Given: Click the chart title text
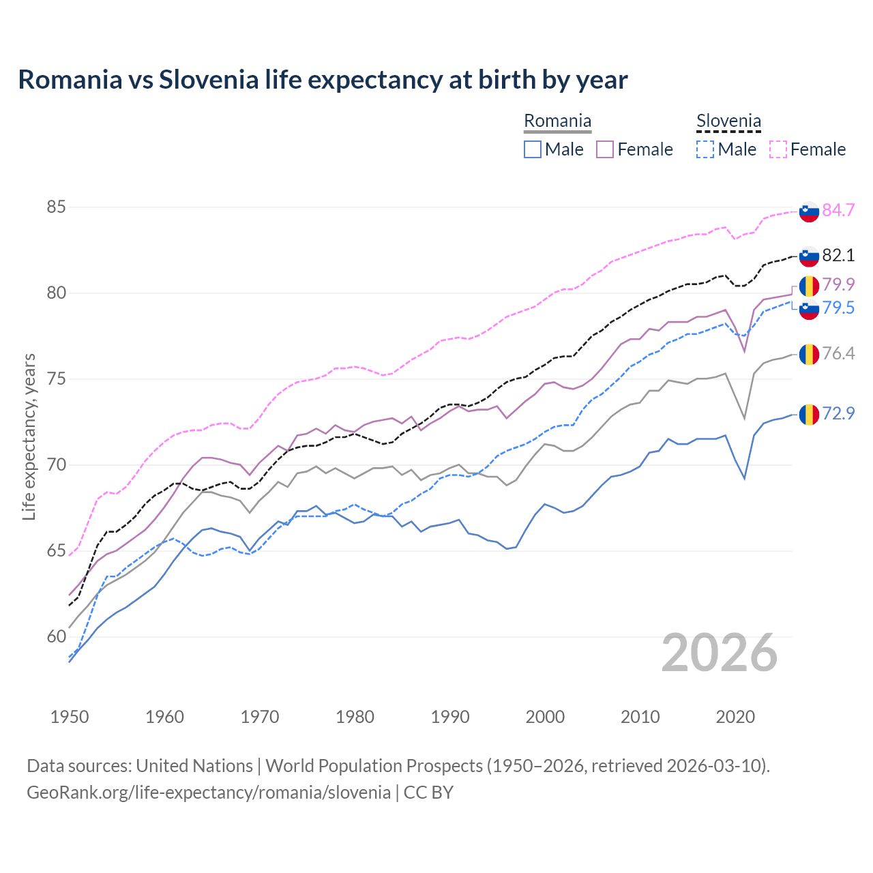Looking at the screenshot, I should pos(323,80).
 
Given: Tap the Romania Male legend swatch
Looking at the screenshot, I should pos(533,149).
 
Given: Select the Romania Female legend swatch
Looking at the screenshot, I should pos(605,149).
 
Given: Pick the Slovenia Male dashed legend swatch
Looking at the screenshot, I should pos(705,149).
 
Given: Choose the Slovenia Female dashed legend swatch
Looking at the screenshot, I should pos(778,149).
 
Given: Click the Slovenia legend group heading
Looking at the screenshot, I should pos(728,121).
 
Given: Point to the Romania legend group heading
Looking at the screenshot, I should pos(557,121).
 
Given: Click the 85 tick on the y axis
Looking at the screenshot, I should pos(56,207).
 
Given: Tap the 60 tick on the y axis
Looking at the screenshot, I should pos(56,637).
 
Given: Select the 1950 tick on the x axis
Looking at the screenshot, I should pos(70,717).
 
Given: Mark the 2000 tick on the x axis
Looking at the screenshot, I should pos(545,717).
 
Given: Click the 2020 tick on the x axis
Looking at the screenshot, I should pos(735,717).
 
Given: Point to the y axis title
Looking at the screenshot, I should pos(29,436).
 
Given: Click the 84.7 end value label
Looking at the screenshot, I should pos(838,211).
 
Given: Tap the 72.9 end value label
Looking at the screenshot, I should pos(838,413).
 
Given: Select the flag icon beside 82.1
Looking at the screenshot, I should pos(809,256).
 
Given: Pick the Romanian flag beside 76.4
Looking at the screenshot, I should pos(809,354).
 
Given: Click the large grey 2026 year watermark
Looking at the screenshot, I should pos(720,653).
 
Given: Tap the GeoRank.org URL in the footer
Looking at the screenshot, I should pos(209,793).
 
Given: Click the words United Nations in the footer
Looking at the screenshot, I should pos(194,766).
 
